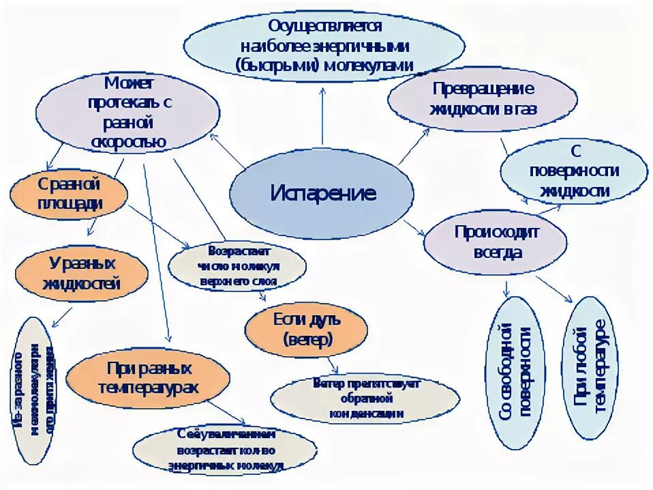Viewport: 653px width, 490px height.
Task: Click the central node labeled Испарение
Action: (322, 193)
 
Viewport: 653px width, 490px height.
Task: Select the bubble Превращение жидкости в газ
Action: (483, 99)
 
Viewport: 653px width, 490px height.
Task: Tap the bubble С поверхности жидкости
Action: (573, 171)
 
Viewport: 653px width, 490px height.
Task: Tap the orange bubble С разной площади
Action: (69, 195)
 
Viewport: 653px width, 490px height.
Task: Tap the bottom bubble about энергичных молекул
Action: (225, 450)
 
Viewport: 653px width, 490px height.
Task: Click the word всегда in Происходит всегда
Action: (496, 253)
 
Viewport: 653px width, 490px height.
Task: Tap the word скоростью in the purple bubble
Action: (129, 141)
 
